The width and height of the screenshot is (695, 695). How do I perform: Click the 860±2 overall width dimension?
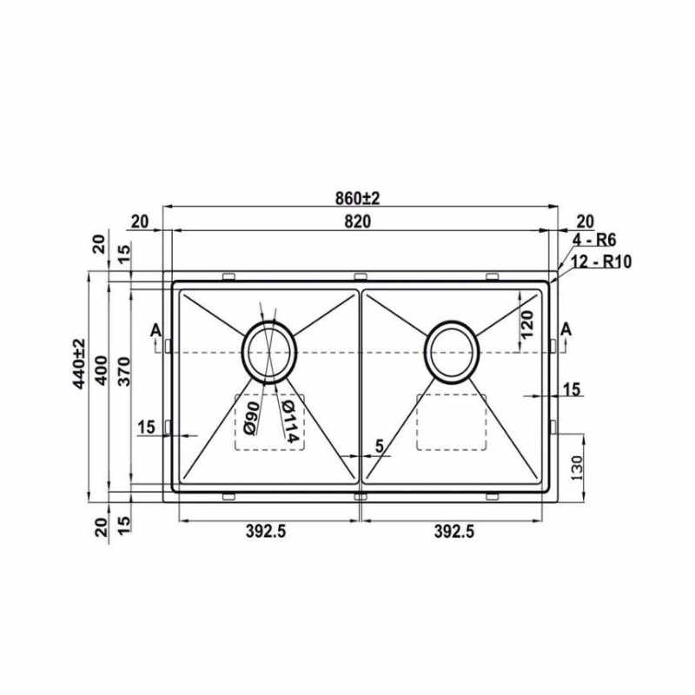click(357, 198)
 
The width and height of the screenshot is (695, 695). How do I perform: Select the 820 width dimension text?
click(357, 222)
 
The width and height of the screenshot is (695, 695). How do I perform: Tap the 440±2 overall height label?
click(79, 363)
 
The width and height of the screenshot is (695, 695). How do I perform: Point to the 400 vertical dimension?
click(102, 371)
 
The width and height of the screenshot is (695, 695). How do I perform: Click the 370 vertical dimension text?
click(125, 372)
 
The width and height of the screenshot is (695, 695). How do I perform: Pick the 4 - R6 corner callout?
click(594, 241)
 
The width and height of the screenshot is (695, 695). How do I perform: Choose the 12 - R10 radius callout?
click(600, 261)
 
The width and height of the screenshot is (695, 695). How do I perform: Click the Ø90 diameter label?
click(251, 419)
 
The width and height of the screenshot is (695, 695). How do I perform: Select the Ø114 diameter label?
click(290, 421)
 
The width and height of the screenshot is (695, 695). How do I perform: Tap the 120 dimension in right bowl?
click(526, 324)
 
